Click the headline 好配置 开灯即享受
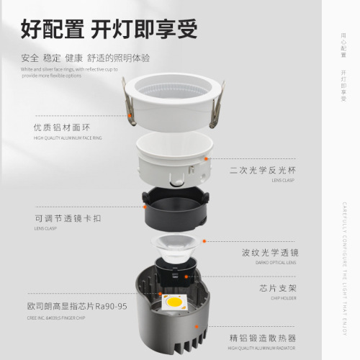pos(108,30)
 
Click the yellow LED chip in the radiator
pos(174,302)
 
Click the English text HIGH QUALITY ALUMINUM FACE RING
pos(66,138)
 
